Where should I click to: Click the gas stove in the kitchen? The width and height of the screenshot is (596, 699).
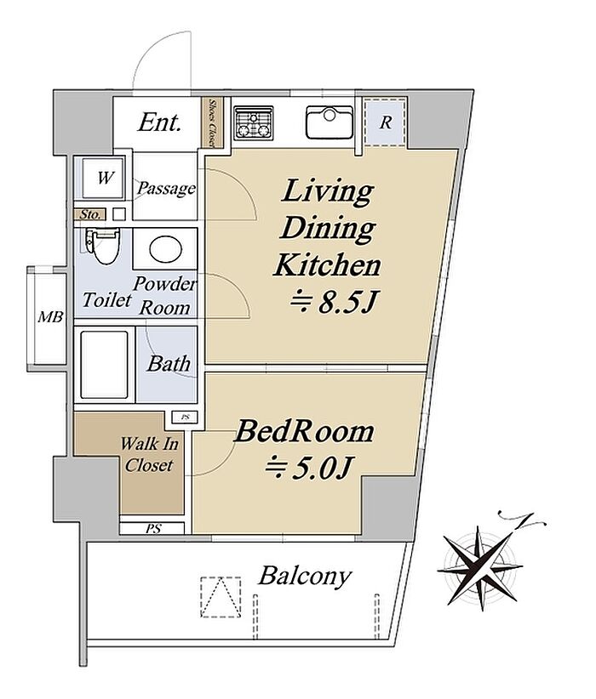point(254,122)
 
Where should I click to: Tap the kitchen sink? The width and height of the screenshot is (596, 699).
point(330,122)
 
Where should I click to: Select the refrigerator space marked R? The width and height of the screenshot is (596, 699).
point(385,122)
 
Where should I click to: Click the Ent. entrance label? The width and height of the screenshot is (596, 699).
point(159,122)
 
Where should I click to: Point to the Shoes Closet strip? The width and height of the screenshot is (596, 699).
point(208,122)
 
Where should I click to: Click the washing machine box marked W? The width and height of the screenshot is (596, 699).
point(104,178)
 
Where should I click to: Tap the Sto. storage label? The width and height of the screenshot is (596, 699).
point(90,214)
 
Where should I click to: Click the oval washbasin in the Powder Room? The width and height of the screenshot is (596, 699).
point(166,249)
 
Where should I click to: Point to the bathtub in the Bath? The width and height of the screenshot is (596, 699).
point(105,364)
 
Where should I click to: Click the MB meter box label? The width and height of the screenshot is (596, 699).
point(50,317)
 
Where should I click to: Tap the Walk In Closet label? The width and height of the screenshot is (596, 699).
point(149,454)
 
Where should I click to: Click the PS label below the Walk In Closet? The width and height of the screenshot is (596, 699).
point(153,529)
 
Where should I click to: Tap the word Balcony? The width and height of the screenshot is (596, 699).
point(305,576)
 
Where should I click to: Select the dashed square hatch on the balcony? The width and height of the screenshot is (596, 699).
point(221,597)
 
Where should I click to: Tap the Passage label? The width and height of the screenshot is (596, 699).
point(166,188)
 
